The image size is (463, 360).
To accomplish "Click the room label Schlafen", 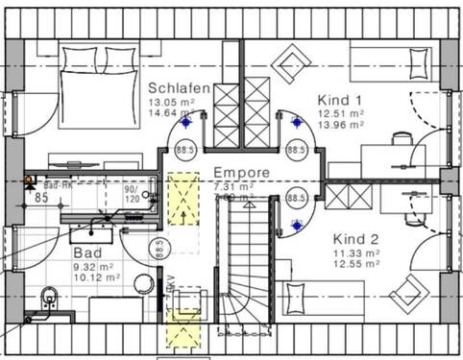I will point(180,86).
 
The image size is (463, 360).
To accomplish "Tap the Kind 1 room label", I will point(340,98).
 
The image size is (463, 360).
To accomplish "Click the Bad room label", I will point(87,253).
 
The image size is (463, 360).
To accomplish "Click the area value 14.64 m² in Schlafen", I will point(172,112).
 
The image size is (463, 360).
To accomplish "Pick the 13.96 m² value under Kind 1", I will point(340,125).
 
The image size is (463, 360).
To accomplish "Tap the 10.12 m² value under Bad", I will point(96,278).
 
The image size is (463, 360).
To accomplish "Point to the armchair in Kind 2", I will point(409,292).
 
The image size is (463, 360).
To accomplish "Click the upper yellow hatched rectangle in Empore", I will point(179,198).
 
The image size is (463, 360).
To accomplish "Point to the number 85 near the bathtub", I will point(40,198).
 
